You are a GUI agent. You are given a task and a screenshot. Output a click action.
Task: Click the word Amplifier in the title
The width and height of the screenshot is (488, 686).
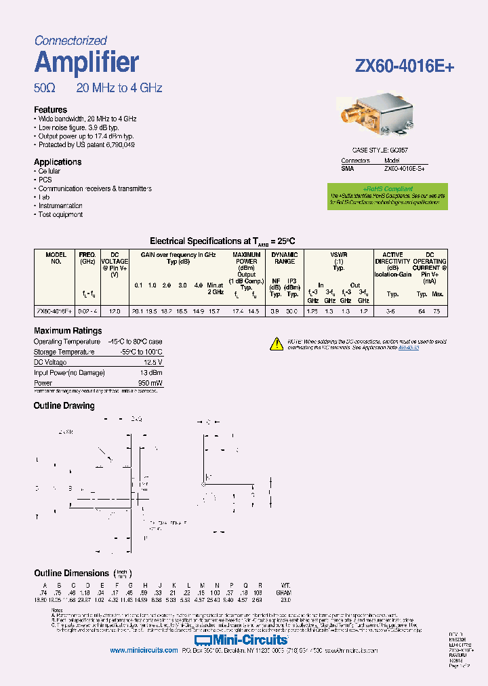coord(87,62)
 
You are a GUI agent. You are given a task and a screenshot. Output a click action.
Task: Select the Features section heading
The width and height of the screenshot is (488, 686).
coord(51,110)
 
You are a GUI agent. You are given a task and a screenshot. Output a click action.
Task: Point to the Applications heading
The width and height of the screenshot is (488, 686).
coord(58,162)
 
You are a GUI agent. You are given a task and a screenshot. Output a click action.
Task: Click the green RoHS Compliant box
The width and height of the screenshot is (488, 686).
coord(388,196)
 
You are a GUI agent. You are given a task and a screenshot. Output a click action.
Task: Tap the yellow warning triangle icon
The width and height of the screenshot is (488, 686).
coord(277,343)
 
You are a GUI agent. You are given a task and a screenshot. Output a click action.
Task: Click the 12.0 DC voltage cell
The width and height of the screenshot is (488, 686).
coord(115,310)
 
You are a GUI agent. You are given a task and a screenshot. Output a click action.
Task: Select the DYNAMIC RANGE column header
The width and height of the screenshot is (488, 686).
coord(284,258)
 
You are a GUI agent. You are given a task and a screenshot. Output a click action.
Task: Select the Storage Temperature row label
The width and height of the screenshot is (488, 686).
coord(64,352)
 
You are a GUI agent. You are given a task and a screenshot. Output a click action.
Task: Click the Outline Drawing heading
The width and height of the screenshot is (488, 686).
coord(64,405)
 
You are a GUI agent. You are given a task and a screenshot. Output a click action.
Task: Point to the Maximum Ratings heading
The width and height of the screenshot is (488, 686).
coord(68,331)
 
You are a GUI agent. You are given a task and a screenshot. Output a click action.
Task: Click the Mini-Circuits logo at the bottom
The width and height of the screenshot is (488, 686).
coord(242,639)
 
